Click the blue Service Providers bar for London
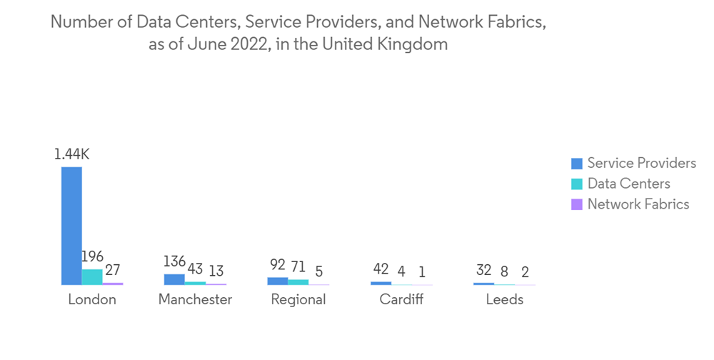(x=71, y=226)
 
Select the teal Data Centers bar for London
(x=92, y=277)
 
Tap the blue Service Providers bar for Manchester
(x=174, y=279)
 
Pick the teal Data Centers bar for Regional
(x=298, y=282)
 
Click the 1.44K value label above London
(x=71, y=154)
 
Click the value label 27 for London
(x=112, y=271)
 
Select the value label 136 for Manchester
(x=174, y=261)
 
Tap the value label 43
(x=195, y=269)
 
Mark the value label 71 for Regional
(x=298, y=267)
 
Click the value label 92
(x=278, y=266)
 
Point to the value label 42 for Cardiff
(x=381, y=269)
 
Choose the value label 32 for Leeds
(x=483, y=271)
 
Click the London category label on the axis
(x=92, y=300)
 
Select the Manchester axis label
(x=195, y=300)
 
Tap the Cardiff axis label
(x=401, y=300)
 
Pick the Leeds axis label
(x=504, y=300)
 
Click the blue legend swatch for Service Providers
(x=577, y=164)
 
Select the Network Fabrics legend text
(x=638, y=204)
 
